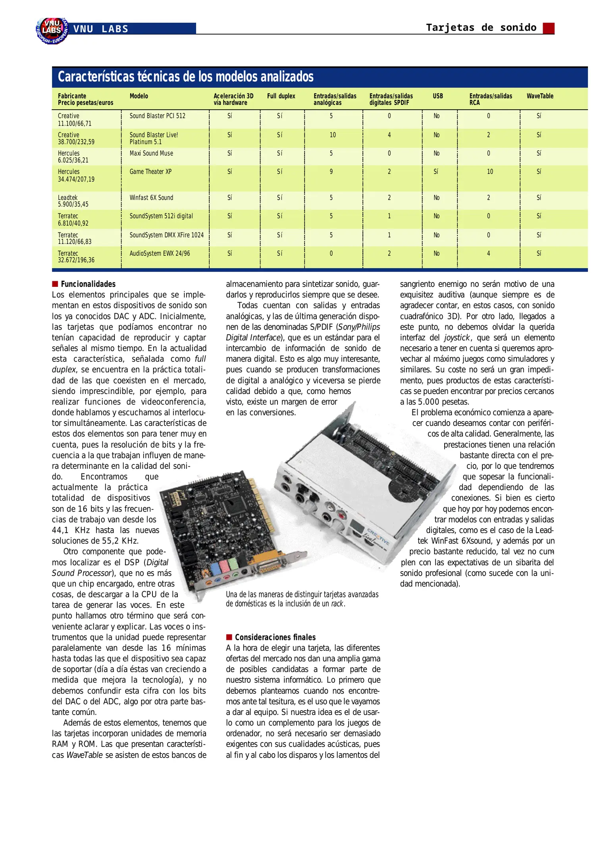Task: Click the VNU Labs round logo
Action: pyautogui.click(x=52, y=30)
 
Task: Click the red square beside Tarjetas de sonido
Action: pyautogui.click(x=549, y=28)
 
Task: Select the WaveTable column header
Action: pyautogui.click(x=540, y=96)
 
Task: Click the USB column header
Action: pyautogui.click(x=437, y=96)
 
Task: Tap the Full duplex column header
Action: pyautogui.click(x=281, y=96)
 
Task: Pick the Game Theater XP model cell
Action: pyautogui.click(x=150, y=172)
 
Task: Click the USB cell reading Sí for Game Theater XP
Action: pyautogui.click(x=436, y=172)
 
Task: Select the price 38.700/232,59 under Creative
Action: pyautogui.click(x=76, y=142)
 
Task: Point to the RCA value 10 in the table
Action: pyautogui.click(x=490, y=172)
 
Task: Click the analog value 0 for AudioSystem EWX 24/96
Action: pyautogui.click(x=331, y=253)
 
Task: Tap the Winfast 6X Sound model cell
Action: pyautogui.click(x=151, y=197)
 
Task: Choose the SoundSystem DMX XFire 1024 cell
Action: pyautogui.click(x=166, y=235)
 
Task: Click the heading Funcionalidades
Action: pyautogui.click(x=88, y=284)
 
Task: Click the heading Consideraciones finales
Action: pyautogui.click(x=275, y=637)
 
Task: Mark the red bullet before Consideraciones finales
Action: pyautogui.click(x=229, y=637)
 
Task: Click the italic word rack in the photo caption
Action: pyautogui.click(x=337, y=604)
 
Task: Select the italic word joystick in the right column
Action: pyautogui.click(x=457, y=338)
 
